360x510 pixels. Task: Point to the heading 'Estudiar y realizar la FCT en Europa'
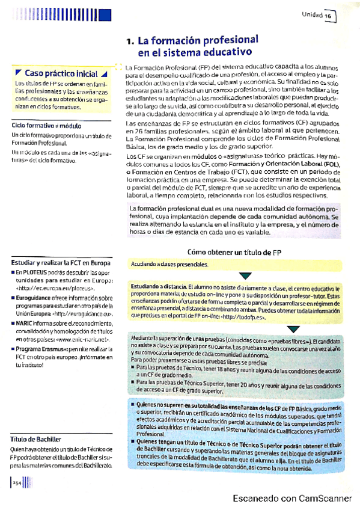click(61, 262)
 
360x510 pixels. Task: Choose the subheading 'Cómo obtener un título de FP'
click(234, 253)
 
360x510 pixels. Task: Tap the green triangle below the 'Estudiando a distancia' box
click(293, 329)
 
